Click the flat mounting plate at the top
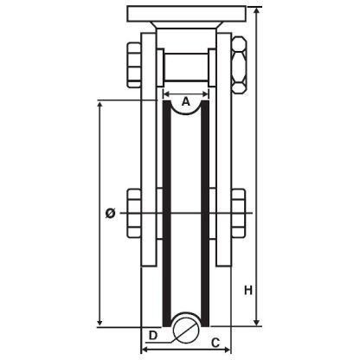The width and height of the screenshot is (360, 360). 191,15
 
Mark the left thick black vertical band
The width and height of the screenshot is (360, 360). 164,208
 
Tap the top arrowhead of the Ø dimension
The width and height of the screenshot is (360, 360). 101,105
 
